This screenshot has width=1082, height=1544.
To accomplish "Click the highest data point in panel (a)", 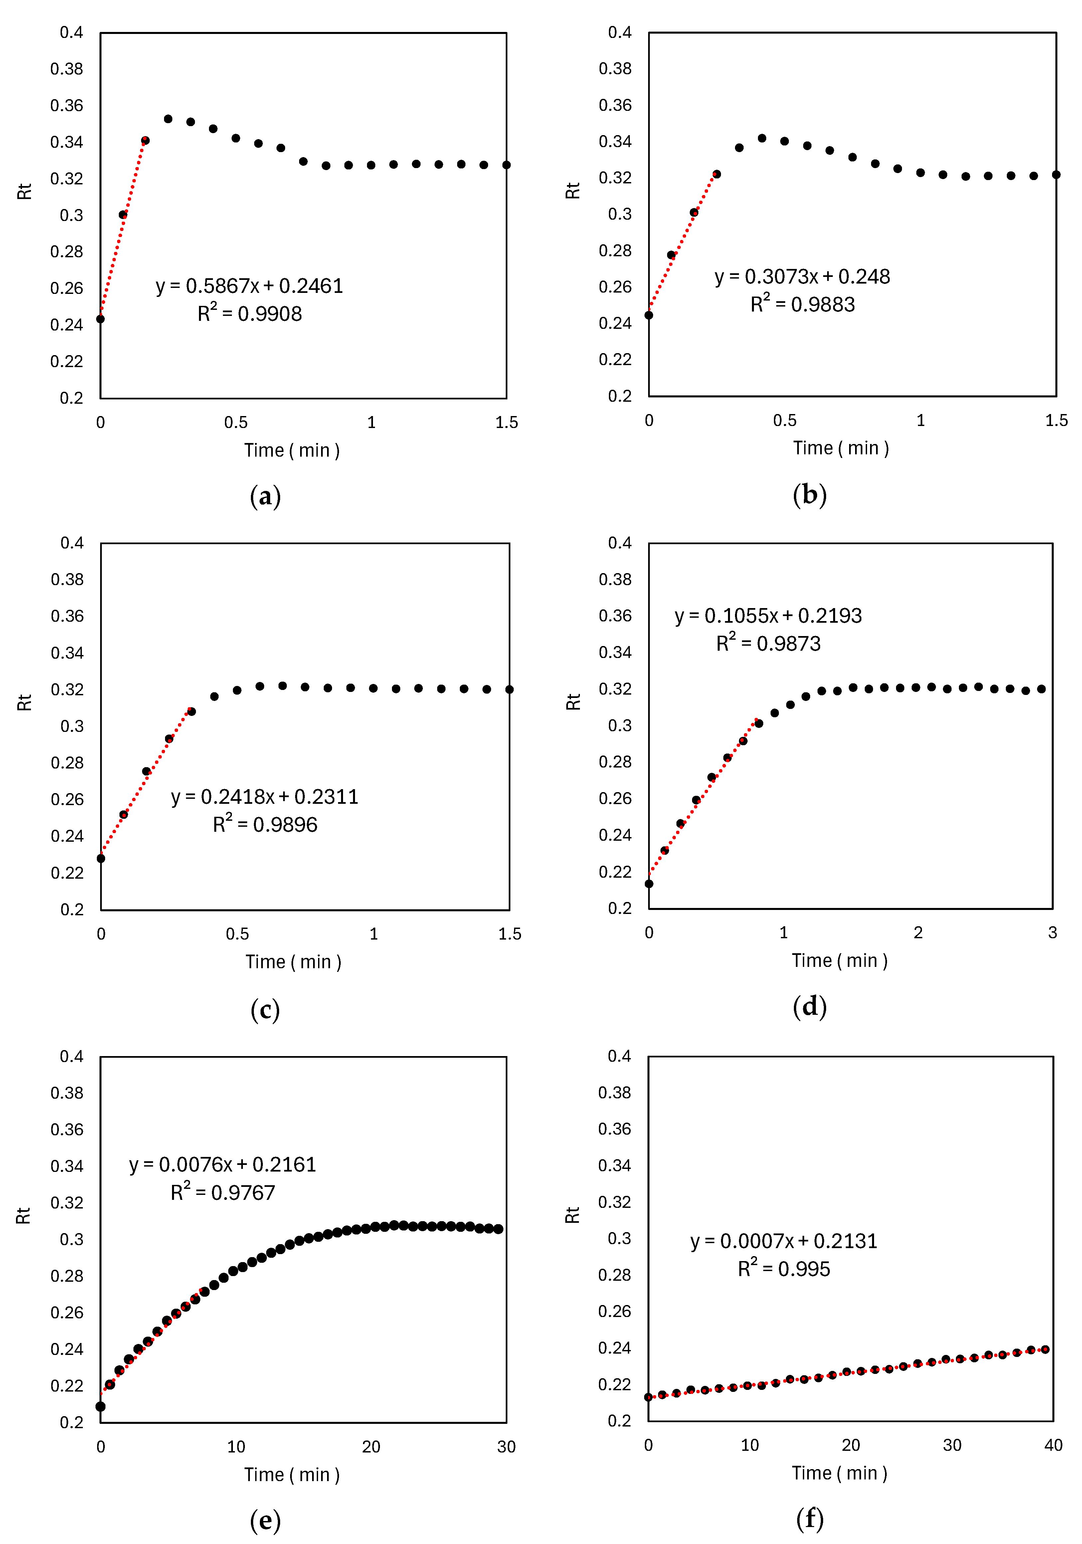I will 168,119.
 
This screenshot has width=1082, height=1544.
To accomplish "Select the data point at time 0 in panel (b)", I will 648,316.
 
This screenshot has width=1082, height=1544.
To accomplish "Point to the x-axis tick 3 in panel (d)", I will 1052,933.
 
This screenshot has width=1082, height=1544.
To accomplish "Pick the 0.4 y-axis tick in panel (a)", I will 71,32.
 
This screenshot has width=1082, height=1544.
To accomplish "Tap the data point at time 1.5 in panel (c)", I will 509,689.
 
